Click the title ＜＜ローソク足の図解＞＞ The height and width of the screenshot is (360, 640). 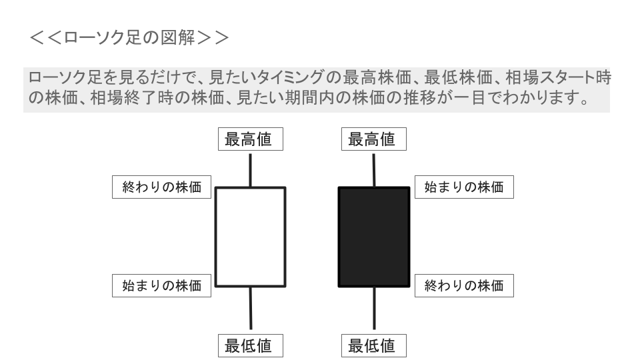point(129,37)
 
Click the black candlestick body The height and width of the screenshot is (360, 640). point(374,237)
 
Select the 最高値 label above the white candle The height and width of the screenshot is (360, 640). point(250,139)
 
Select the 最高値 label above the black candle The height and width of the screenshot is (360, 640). point(373,139)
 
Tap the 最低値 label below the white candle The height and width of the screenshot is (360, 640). point(250,346)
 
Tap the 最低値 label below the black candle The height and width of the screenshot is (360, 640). point(373,346)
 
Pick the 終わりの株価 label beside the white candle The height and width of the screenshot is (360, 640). point(161,187)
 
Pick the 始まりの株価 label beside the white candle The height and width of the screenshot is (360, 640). point(161,285)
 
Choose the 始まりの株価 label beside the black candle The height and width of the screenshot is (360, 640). point(464,187)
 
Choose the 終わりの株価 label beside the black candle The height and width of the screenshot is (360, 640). point(464,285)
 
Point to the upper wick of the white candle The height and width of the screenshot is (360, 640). point(250,170)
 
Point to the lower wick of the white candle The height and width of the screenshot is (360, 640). point(251,308)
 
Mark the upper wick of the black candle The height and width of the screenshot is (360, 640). point(373,170)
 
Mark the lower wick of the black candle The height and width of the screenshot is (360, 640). point(374,308)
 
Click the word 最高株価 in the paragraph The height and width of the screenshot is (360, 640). point(377,77)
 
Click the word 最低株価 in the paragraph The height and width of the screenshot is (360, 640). point(458,77)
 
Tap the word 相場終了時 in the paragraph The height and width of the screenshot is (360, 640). point(132,97)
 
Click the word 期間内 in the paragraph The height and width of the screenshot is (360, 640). point(310,97)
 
